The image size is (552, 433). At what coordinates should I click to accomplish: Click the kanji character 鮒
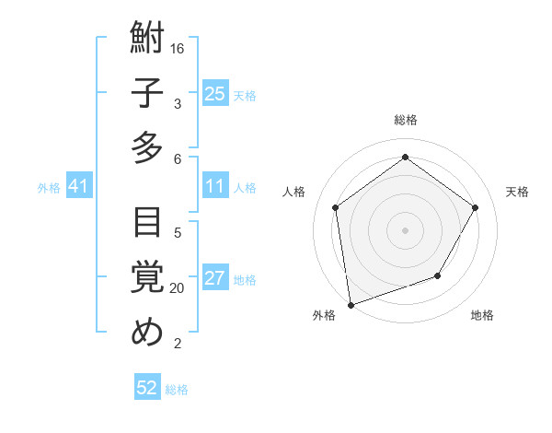pyautogui.click(x=147, y=40)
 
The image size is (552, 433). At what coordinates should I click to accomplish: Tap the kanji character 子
pyautogui.click(x=147, y=93)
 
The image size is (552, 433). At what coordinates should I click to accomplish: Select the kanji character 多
pyautogui.click(x=147, y=147)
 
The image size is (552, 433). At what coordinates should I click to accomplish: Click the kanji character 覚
pyautogui.click(x=147, y=277)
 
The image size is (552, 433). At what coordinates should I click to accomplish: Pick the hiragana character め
pyautogui.click(x=147, y=333)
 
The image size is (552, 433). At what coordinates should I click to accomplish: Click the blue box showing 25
pyautogui.click(x=215, y=93)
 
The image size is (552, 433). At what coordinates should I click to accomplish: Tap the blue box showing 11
pyautogui.click(x=215, y=187)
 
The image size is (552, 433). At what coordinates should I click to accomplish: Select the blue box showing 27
pyautogui.click(x=215, y=279)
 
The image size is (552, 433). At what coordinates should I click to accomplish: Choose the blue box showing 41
pyautogui.click(x=79, y=187)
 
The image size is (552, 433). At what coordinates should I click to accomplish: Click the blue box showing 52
pyautogui.click(x=147, y=388)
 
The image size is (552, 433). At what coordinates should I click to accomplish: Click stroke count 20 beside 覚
pyautogui.click(x=178, y=287)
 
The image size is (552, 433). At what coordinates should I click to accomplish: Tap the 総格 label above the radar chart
pyautogui.click(x=406, y=120)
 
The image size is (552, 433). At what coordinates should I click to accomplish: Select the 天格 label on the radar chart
pyautogui.click(x=517, y=192)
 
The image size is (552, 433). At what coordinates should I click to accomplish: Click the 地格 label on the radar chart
pyautogui.click(x=482, y=315)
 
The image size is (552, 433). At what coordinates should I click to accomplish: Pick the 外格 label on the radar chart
pyautogui.click(x=324, y=315)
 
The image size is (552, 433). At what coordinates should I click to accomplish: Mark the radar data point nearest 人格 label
pyautogui.click(x=336, y=207)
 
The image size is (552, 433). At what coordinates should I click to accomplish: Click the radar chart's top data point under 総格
pyautogui.click(x=405, y=158)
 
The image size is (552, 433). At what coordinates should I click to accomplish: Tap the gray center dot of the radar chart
pyautogui.click(x=405, y=229)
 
